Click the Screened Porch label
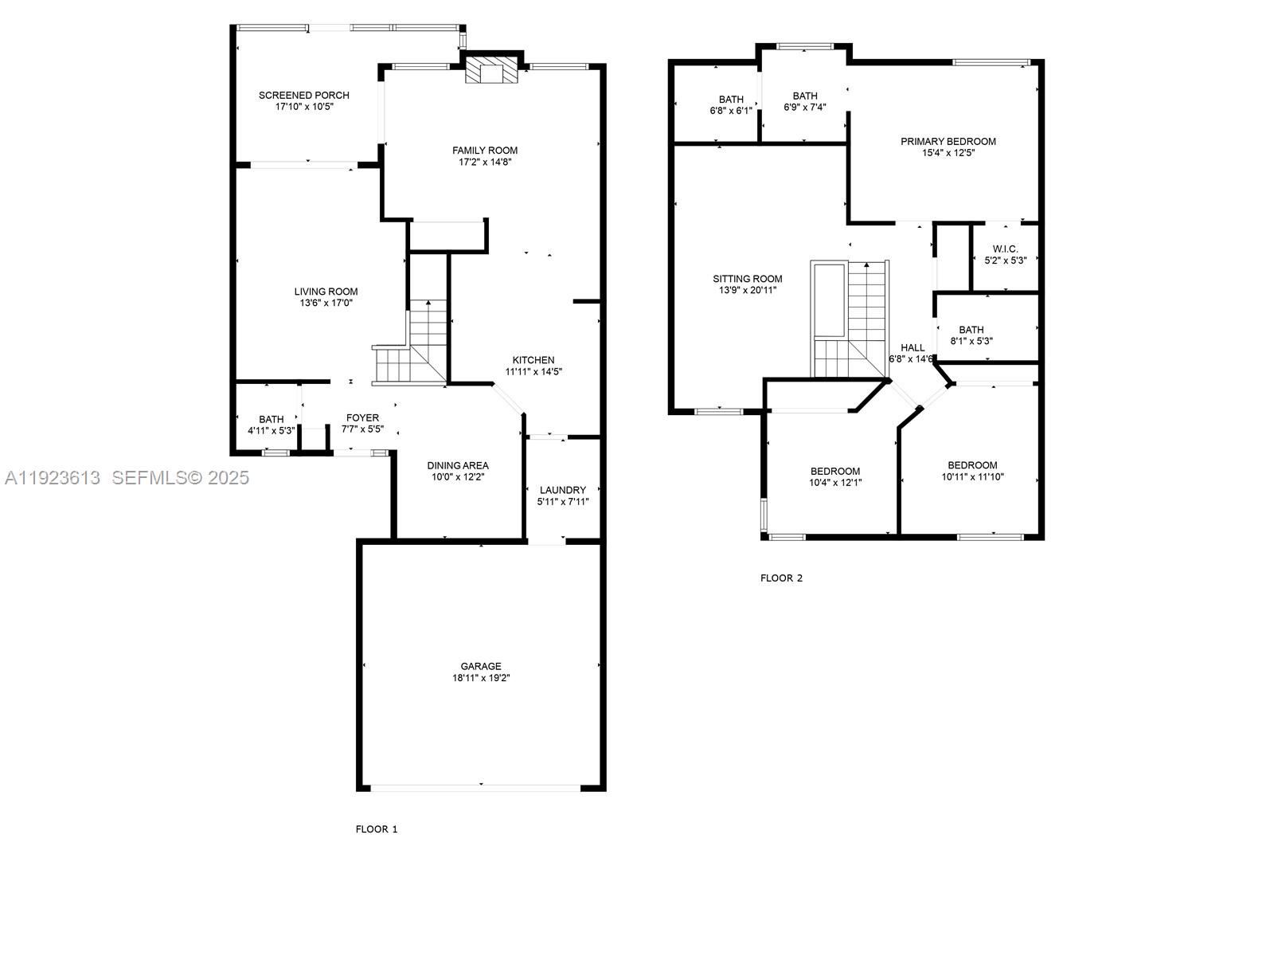tap(303, 96)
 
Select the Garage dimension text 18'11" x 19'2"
tap(481, 678)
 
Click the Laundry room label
tap(562, 490)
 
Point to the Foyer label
tap(362, 417)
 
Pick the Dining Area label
tap(458, 465)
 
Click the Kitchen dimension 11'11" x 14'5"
tap(533, 371)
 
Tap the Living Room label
tap(326, 292)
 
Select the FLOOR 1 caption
tap(376, 829)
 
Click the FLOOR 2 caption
tap(781, 578)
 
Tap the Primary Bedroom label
tap(948, 142)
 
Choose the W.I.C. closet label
tap(1005, 249)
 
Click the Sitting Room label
tap(747, 279)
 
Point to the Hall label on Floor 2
tap(913, 347)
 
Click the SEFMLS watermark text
tap(180, 478)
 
